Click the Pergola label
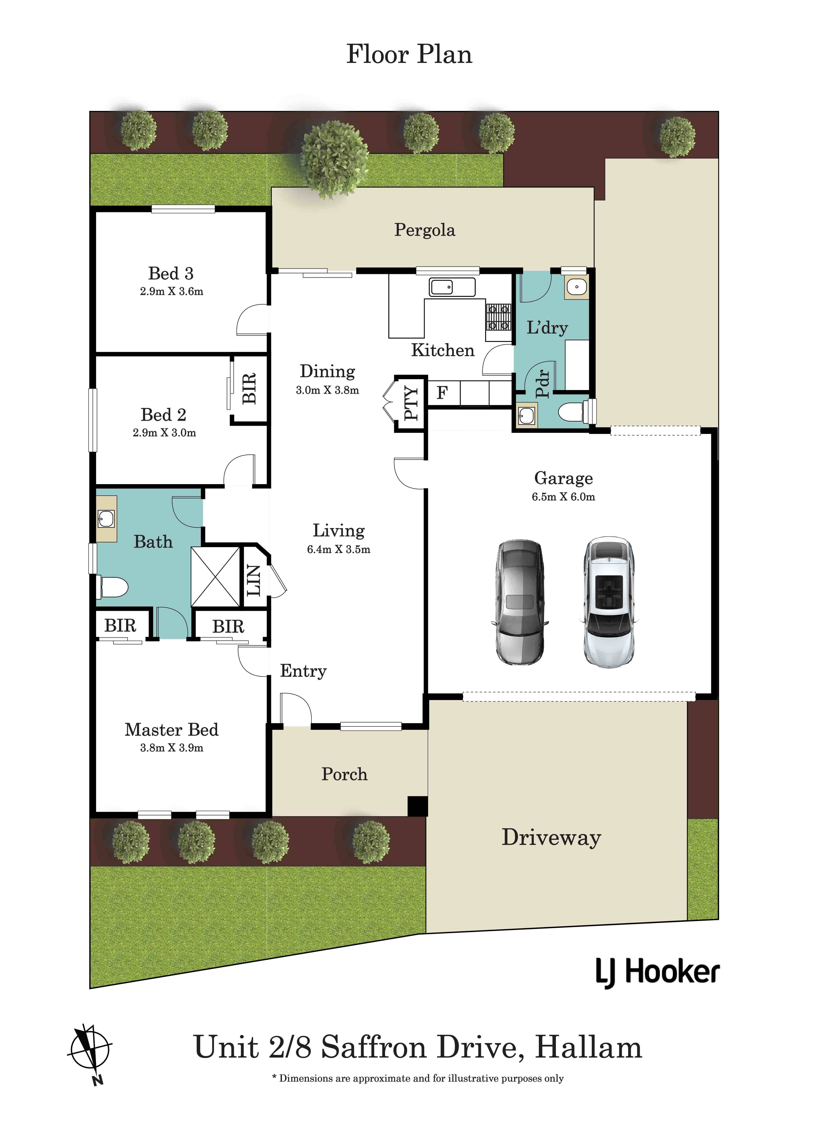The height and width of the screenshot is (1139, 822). tap(425, 230)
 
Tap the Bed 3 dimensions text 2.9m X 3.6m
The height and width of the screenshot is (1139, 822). tap(171, 291)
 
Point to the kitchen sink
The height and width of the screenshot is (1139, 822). tap(452, 287)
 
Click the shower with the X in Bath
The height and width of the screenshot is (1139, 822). tap(216, 577)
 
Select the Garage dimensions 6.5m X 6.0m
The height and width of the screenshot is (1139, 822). tap(563, 497)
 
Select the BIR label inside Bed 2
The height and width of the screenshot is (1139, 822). tap(249, 388)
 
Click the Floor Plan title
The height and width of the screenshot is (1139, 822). tap(409, 54)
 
